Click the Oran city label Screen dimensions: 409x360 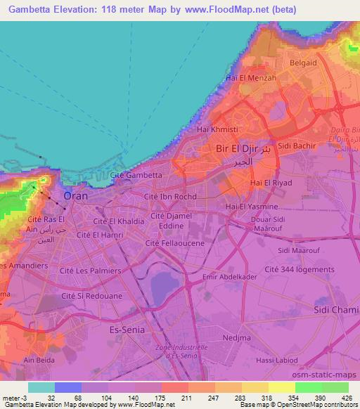click(75, 196)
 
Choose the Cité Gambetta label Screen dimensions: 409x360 click(136, 174)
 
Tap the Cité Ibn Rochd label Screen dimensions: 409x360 click(169, 197)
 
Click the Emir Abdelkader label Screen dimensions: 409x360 click(224, 277)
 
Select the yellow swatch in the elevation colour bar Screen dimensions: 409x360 click(281, 387)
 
